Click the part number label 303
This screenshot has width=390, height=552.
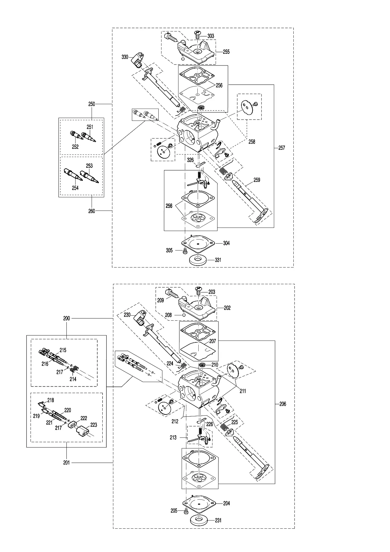[x=211, y=36]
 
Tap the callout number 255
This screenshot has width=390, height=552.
[x=226, y=52]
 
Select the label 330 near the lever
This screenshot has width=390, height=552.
[x=125, y=57]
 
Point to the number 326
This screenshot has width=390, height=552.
[x=190, y=160]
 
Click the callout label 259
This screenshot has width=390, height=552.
[x=257, y=180]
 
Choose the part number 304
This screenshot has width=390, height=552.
[x=226, y=243]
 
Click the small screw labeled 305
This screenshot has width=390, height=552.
[x=185, y=251]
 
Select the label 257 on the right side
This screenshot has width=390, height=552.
[x=282, y=148]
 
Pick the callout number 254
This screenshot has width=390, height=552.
[x=75, y=188]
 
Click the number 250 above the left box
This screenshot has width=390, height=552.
[x=91, y=104]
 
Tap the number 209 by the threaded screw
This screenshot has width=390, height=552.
[x=161, y=300]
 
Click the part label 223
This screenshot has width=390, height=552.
[x=93, y=425]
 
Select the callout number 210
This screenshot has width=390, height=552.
[x=215, y=365]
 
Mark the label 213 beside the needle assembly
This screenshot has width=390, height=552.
[x=173, y=437]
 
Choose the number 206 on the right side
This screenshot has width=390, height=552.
[x=283, y=404]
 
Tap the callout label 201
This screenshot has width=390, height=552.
[x=66, y=463]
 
